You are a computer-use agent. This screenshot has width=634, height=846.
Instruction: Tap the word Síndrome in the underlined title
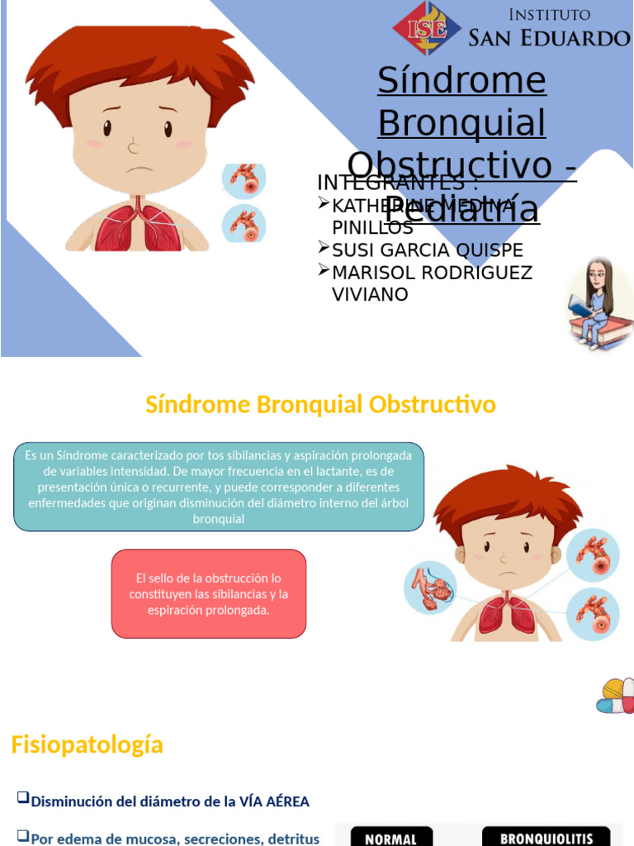[461, 80]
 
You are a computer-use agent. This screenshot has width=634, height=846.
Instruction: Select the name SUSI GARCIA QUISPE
[427, 250]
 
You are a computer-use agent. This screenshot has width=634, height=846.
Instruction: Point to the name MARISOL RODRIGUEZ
[432, 272]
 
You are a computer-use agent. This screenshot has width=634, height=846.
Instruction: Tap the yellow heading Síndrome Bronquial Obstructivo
[320, 405]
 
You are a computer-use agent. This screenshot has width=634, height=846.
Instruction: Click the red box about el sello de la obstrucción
[208, 594]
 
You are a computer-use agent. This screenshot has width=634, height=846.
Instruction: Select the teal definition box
[219, 487]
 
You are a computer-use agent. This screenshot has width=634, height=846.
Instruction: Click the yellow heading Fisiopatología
[87, 744]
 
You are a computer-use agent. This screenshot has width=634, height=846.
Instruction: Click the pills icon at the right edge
[617, 696]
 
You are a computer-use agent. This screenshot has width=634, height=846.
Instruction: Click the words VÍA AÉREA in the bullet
[274, 801]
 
